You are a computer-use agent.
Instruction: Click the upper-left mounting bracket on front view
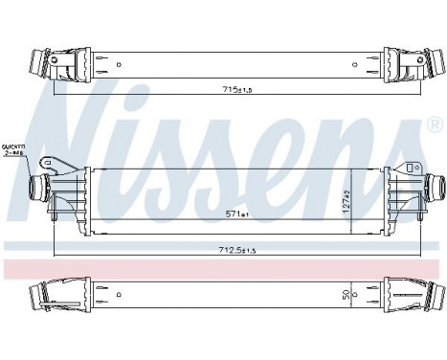coord(60,159)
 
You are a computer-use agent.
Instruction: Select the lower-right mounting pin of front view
coord(401,227)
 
